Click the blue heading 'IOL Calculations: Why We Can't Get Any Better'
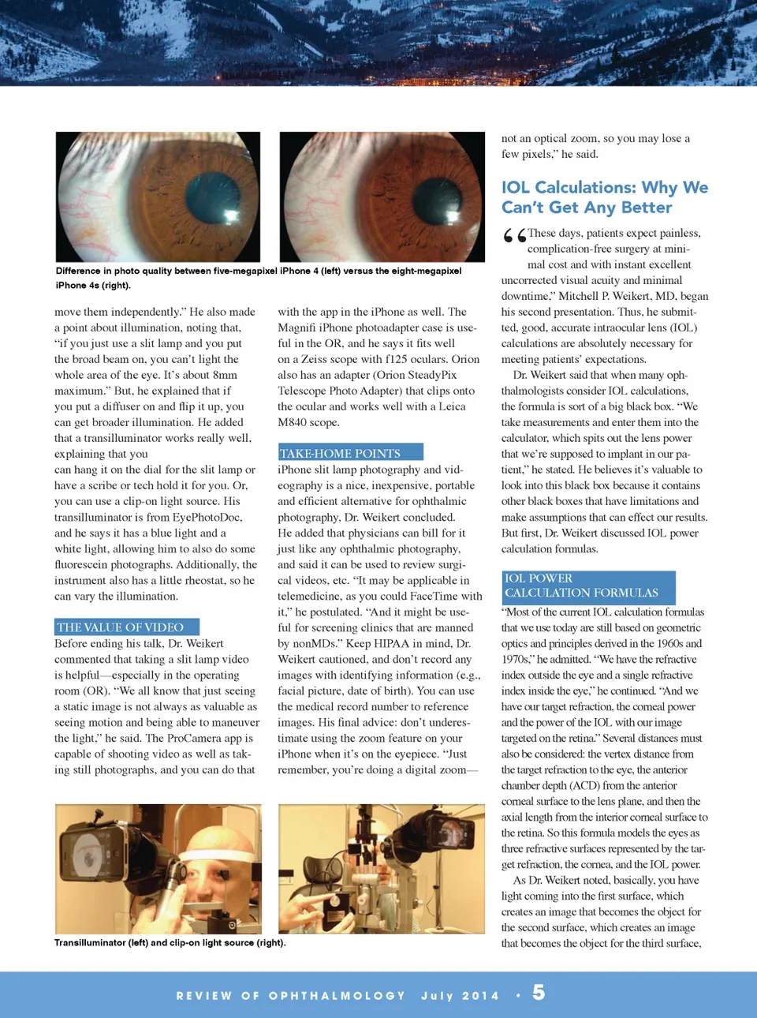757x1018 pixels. (604, 197)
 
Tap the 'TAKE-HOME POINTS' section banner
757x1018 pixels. (350, 453)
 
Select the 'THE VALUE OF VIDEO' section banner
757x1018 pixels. (126, 627)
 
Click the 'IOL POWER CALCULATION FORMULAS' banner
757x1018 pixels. (588, 586)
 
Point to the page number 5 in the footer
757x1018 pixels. (539, 993)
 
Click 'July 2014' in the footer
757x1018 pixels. (460, 996)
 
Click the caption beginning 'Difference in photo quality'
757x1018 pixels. (258, 278)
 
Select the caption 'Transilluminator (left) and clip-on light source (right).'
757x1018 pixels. (170, 942)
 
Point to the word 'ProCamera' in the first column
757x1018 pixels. (194, 738)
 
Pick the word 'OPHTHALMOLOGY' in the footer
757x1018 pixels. (337, 996)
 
